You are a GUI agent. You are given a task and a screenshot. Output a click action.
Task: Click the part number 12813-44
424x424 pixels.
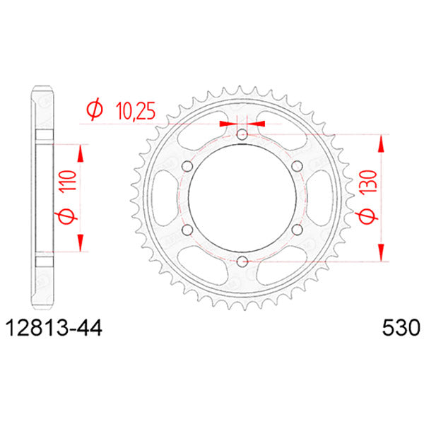click(x=54, y=329)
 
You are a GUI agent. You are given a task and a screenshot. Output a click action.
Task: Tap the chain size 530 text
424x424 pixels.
click(x=399, y=329)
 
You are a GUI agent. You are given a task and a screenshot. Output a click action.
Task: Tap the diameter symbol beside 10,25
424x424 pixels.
click(x=93, y=110)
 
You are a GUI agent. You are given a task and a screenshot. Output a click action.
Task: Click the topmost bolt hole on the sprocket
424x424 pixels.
click(x=242, y=134)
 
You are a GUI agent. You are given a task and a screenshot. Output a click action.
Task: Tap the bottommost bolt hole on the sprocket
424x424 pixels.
click(x=242, y=261)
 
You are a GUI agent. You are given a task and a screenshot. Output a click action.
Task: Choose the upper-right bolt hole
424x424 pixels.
click(x=297, y=166)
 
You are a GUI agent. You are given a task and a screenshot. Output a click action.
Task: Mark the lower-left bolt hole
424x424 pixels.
click(x=187, y=230)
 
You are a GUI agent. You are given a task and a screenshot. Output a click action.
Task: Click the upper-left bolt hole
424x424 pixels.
click(x=187, y=166)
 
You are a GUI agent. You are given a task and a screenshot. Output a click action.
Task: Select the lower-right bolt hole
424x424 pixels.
click(x=297, y=230)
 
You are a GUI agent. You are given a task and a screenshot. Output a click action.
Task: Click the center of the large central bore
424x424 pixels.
click(x=242, y=198)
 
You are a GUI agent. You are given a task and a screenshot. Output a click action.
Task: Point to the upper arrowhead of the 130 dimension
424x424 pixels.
click(x=382, y=142)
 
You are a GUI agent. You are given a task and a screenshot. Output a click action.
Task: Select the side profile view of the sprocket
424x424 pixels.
click(x=42, y=198)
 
